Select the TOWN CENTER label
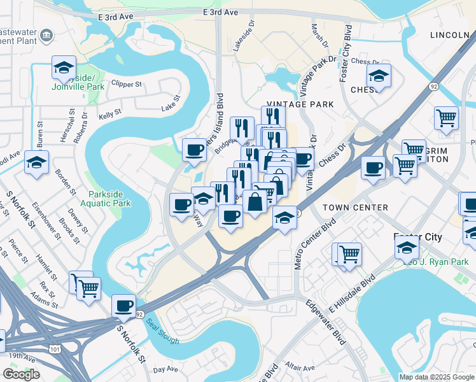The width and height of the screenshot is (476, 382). pos(355,208)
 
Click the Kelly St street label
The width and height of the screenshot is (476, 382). pos(110,116)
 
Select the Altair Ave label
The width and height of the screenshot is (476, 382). pos(300,367)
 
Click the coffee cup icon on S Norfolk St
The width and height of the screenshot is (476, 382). pos(123,305)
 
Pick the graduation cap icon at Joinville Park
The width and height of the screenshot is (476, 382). pos(64,67)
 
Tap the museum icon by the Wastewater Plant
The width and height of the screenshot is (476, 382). pos(46,35)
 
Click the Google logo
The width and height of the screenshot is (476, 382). pos(22,374)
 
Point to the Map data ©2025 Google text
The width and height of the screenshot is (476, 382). pos(437,377)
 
